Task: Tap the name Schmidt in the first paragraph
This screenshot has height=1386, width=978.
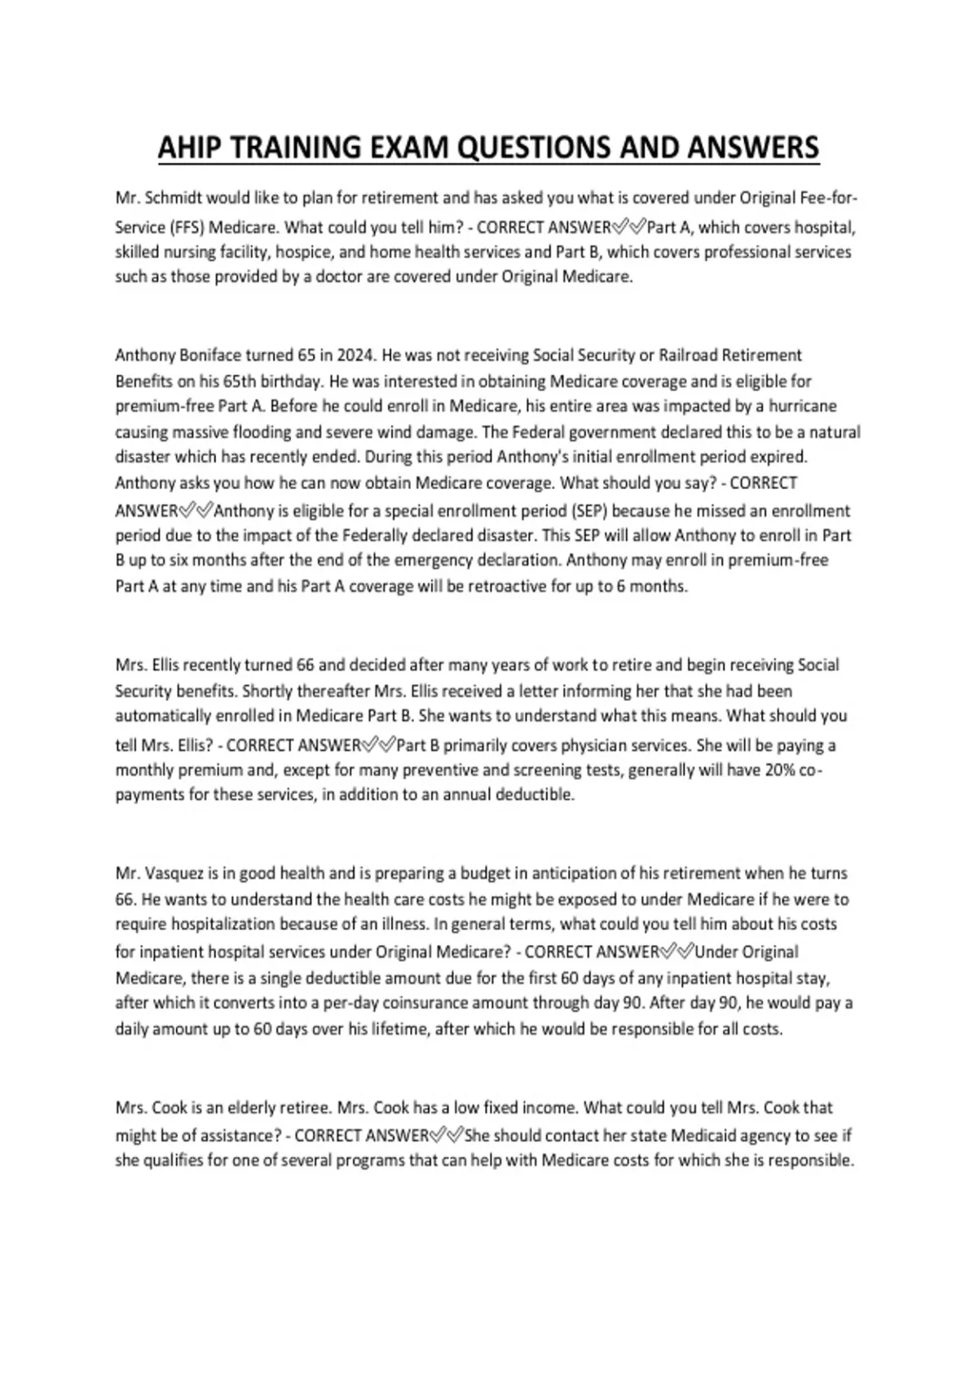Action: point(174,198)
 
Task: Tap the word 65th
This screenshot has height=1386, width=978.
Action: point(242,382)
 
